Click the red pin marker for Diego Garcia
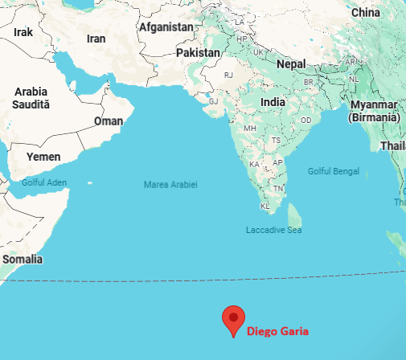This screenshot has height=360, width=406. (233, 319)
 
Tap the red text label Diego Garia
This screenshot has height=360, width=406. (277, 331)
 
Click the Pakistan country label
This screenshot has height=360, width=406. (198, 52)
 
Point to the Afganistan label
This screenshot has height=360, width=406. (166, 27)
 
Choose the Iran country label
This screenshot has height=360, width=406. (96, 39)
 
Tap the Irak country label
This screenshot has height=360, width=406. (23, 32)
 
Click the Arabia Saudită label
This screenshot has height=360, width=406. (31, 98)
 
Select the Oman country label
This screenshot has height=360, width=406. (109, 121)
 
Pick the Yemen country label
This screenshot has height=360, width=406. (43, 157)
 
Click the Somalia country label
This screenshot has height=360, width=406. (22, 260)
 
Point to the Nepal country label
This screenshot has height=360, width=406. (291, 63)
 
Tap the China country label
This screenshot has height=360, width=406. (365, 12)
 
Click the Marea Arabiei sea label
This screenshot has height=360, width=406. (170, 185)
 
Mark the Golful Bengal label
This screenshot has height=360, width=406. (333, 170)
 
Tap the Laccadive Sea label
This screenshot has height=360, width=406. (273, 230)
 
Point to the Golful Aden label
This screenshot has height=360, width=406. (43, 182)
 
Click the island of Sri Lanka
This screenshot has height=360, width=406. (295, 215)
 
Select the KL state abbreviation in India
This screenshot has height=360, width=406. (265, 206)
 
